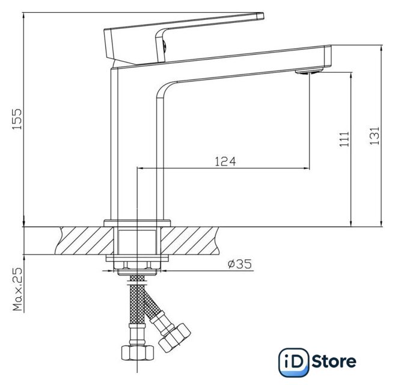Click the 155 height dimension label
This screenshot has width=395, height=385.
(x=17, y=119)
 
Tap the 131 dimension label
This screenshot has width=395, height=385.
(x=375, y=135)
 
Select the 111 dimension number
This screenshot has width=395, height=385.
(x=344, y=139)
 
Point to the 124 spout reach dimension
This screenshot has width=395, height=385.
(x=225, y=162)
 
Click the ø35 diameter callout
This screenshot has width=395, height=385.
(x=240, y=264)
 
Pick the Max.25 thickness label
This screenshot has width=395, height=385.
(x=17, y=289)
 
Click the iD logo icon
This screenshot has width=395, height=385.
(x=294, y=362)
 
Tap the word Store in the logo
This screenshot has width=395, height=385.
(x=334, y=362)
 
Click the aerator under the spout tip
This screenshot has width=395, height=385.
(x=310, y=71)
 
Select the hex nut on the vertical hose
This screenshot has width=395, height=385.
(x=138, y=353)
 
